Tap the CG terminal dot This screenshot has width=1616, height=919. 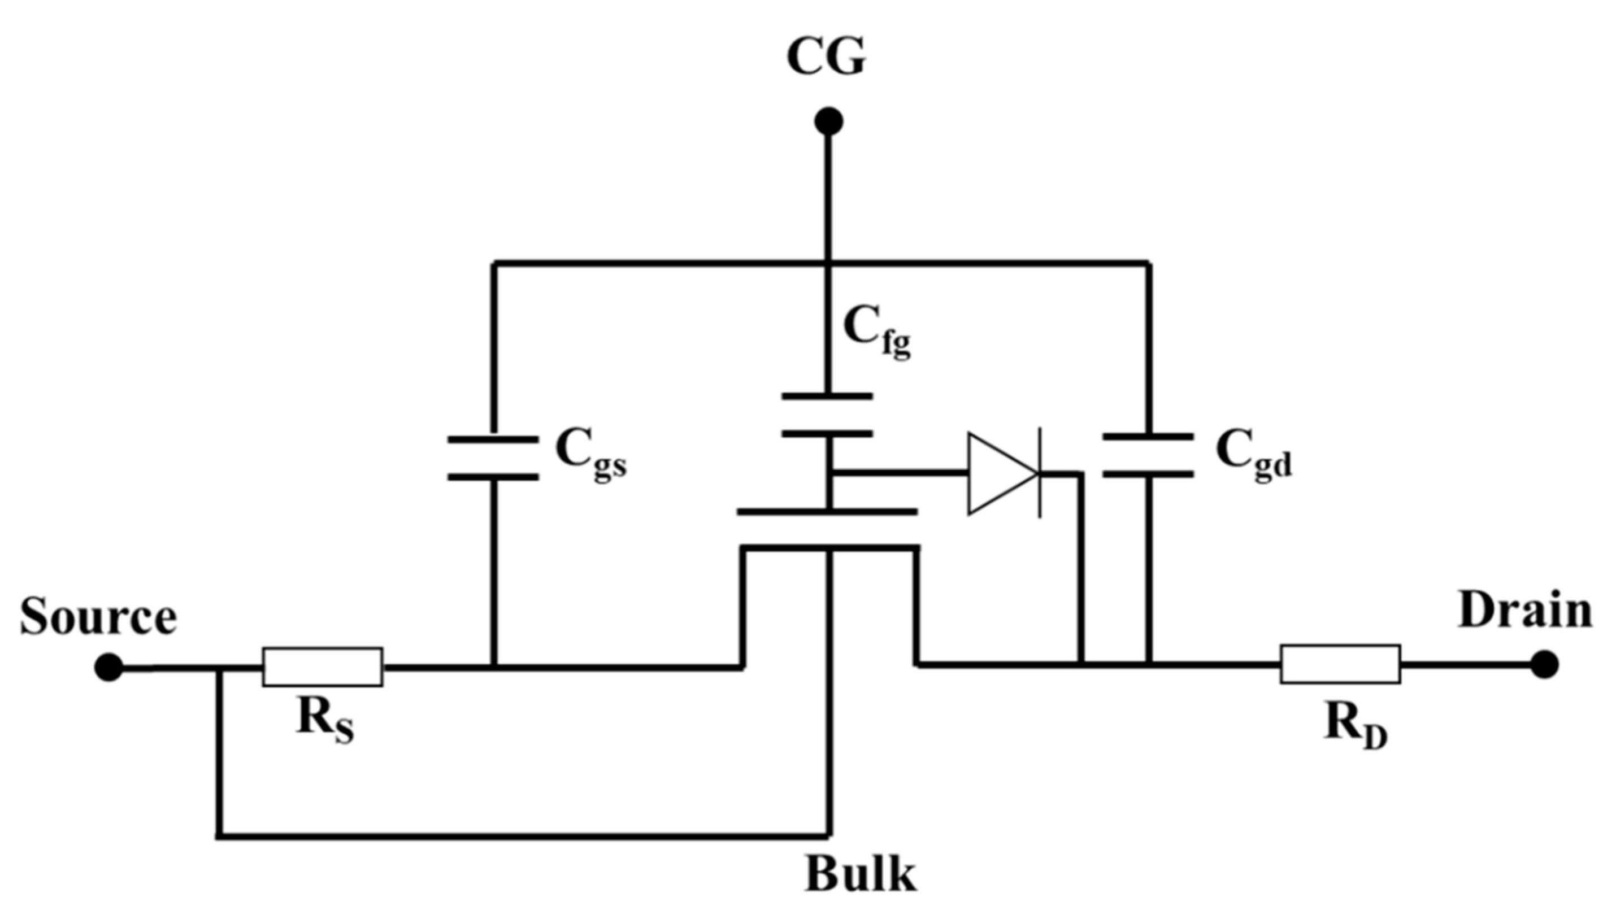828,121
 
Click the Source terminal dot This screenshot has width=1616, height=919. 108,667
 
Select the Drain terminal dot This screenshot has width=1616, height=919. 1544,665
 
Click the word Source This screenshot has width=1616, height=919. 98,617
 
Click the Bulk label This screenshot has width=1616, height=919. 860,875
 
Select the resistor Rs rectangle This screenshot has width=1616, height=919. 323,667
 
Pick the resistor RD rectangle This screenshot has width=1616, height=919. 1340,664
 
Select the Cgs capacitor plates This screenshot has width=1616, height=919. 493,458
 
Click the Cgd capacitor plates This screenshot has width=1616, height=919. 1148,455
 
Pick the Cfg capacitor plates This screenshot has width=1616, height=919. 828,415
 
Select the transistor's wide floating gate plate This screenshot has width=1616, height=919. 828,512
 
